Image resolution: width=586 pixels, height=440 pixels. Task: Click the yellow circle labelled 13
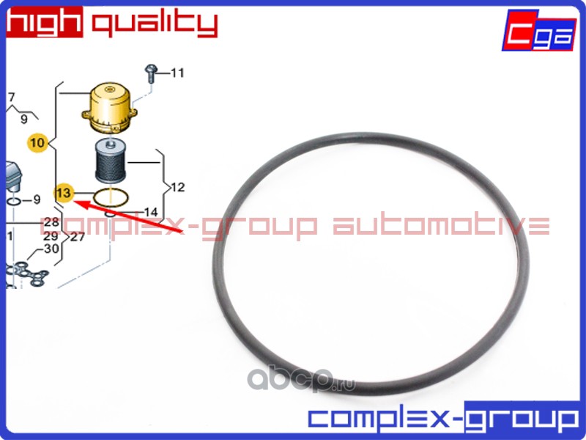coord(64,193)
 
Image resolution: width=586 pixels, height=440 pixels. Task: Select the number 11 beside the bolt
coord(177,73)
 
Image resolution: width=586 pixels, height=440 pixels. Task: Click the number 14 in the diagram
coord(150,212)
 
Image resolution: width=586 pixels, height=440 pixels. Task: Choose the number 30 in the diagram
coord(51,249)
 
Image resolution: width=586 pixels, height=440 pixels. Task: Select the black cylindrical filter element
coord(112,163)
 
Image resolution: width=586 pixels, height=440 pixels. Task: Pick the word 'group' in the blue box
coord(522,419)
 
